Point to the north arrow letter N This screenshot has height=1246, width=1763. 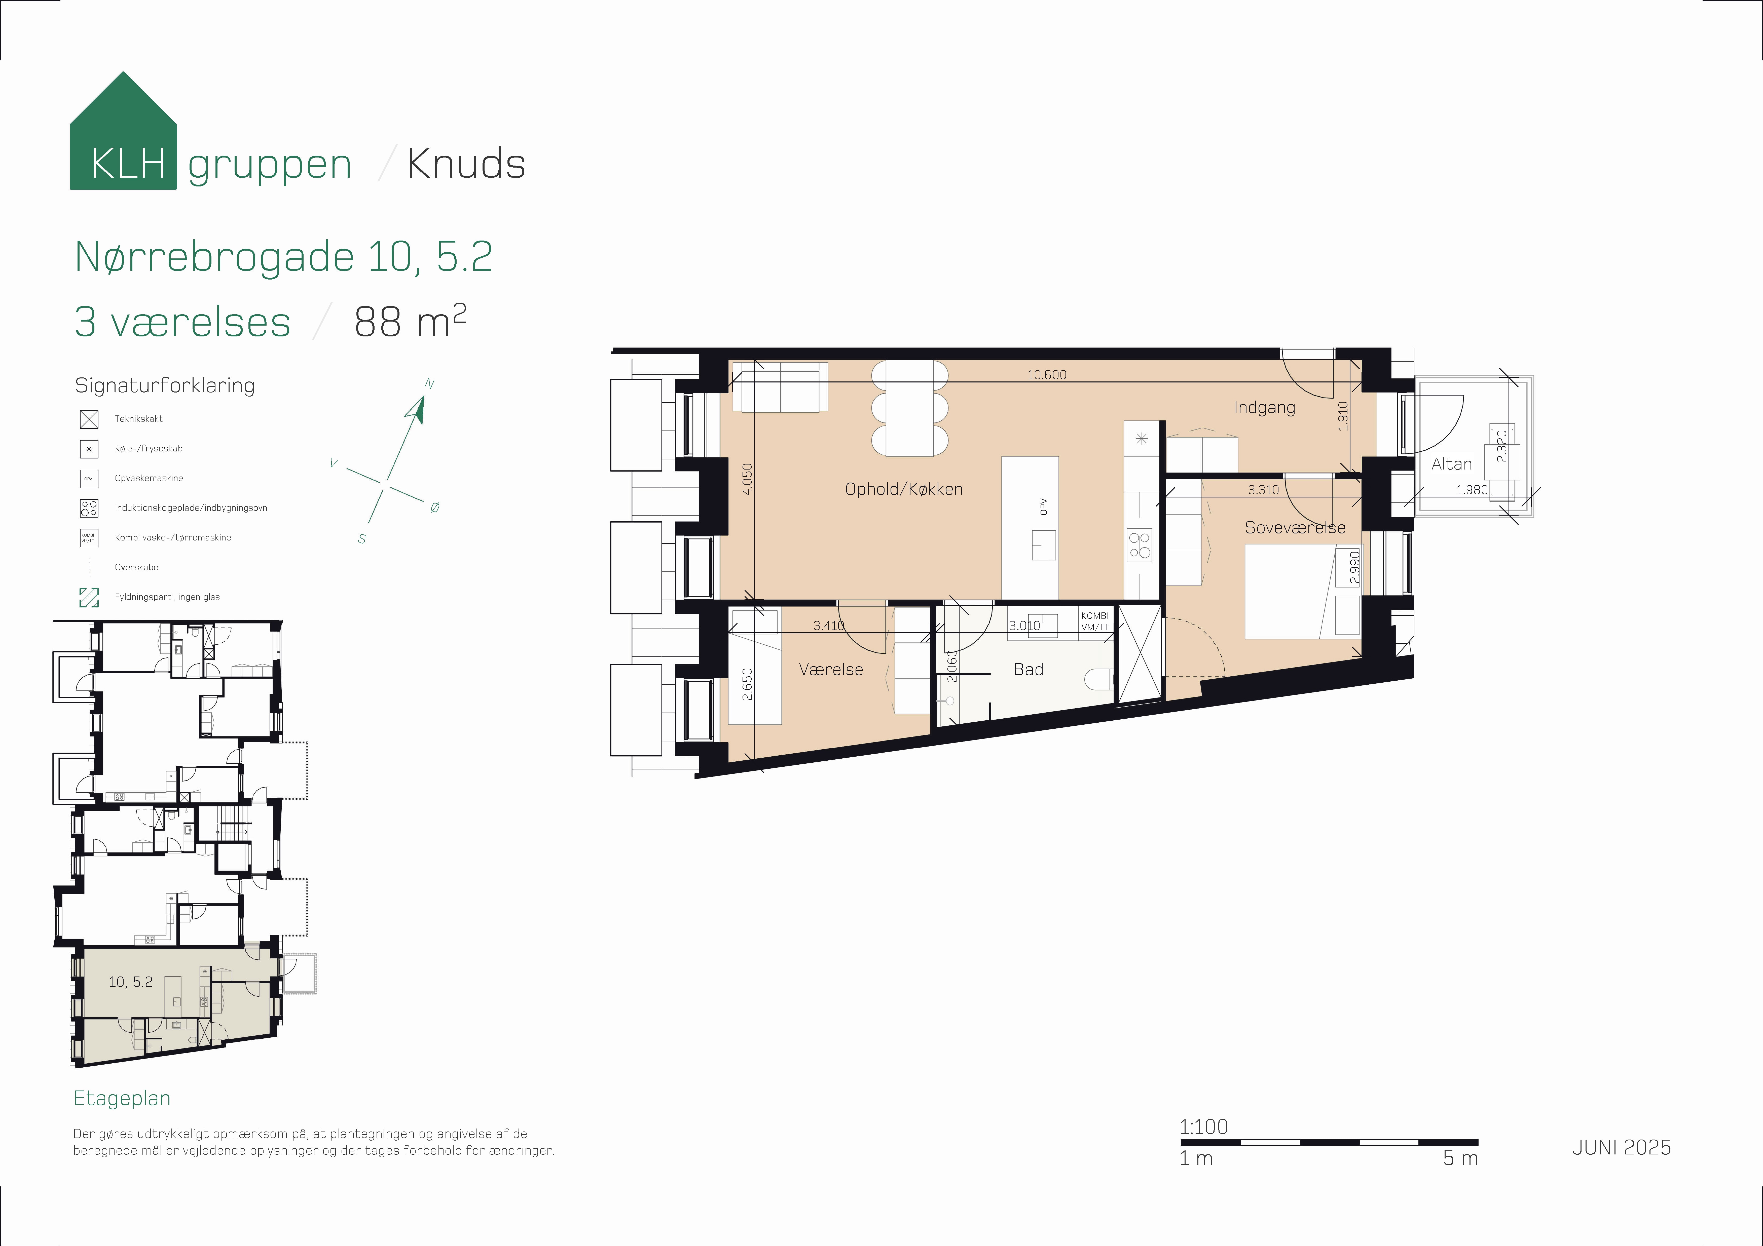pyautogui.click(x=429, y=384)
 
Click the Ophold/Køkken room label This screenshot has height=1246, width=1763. pyautogui.click(x=904, y=489)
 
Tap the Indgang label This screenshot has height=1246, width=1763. pyautogui.click(x=1265, y=408)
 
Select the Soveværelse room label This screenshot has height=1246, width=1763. pyautogui.click(x=1295, y=527)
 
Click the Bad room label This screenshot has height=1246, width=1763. pyautogui.click(x=1028, y=670)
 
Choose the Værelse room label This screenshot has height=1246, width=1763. pyautogui.click(x=831, y=670)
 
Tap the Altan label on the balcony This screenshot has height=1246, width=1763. pyautogui.click(x=1451, y=464)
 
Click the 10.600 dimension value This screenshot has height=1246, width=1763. pyautogui.click(x=1047, y=375)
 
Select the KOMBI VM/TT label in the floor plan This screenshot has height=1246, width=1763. pyautogui.click(x=1095, y=621)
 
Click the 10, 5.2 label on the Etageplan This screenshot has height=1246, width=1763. pyautogui.click(x=131, y=982)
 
